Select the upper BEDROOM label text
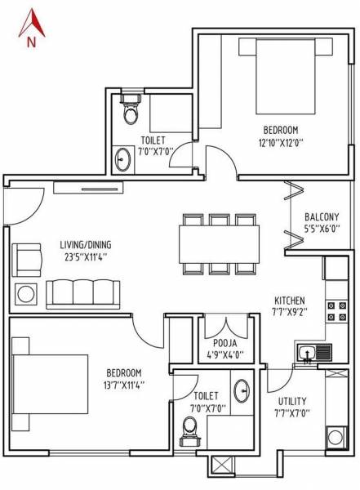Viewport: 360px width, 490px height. (x=280, y=129)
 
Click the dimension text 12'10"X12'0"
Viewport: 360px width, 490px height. (x=280, y=141)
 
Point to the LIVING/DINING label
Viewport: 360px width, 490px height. (x=85, y=244)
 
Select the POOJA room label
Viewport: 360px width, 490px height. (x=225, y=344)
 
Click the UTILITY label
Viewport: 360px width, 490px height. (x=291, y=401)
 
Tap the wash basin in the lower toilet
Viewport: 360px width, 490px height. (x=242, y=391)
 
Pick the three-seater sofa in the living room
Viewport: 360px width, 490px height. (x=83, y=292)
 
